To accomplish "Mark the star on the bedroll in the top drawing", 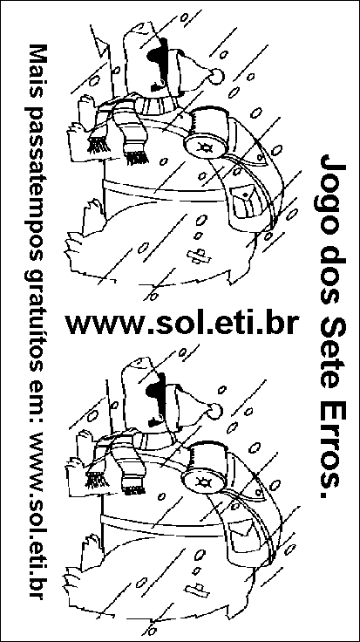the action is [x=204, y=147].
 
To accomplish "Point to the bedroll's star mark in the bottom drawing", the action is [x=202, y=480].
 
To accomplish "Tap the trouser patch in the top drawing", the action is [x=200, y=256].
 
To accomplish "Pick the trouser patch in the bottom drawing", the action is [x=195, y=590].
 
